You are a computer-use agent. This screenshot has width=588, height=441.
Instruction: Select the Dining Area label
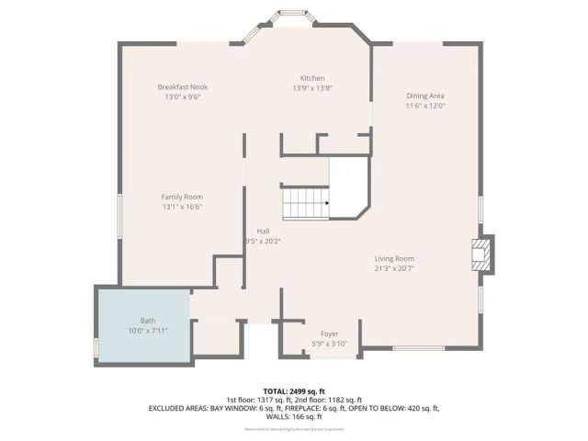(425, 96)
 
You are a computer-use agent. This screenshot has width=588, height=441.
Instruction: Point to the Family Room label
(182, 197)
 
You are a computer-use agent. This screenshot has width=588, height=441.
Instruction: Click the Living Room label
(394, 258)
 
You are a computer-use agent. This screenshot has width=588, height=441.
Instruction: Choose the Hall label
(264, 232)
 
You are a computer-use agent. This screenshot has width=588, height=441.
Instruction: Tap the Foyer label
(329, 334)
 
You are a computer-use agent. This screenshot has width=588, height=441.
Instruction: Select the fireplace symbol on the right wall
(481, 254)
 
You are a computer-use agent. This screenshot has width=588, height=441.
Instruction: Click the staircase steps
(303, 203)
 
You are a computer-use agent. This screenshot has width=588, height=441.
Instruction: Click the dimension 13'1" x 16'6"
(182, 207)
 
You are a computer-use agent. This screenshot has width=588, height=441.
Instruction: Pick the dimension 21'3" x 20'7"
(394, 268)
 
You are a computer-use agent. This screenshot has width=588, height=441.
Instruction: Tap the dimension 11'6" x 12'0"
(425, 106)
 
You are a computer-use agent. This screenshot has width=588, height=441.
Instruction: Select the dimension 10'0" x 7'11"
(148, 330)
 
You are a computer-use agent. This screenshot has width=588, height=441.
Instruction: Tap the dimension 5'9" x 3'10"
(329, 344)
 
